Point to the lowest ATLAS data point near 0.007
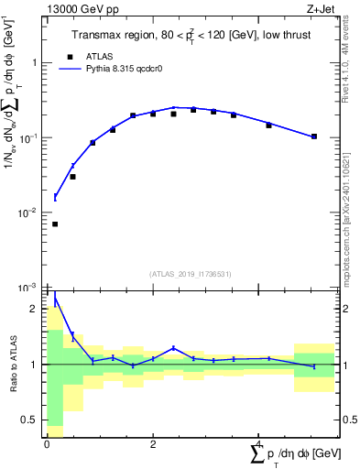[55, 224]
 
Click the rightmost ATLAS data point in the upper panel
[314, 136]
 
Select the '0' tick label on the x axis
[47, 445]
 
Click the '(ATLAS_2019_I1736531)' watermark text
[189, 274]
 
